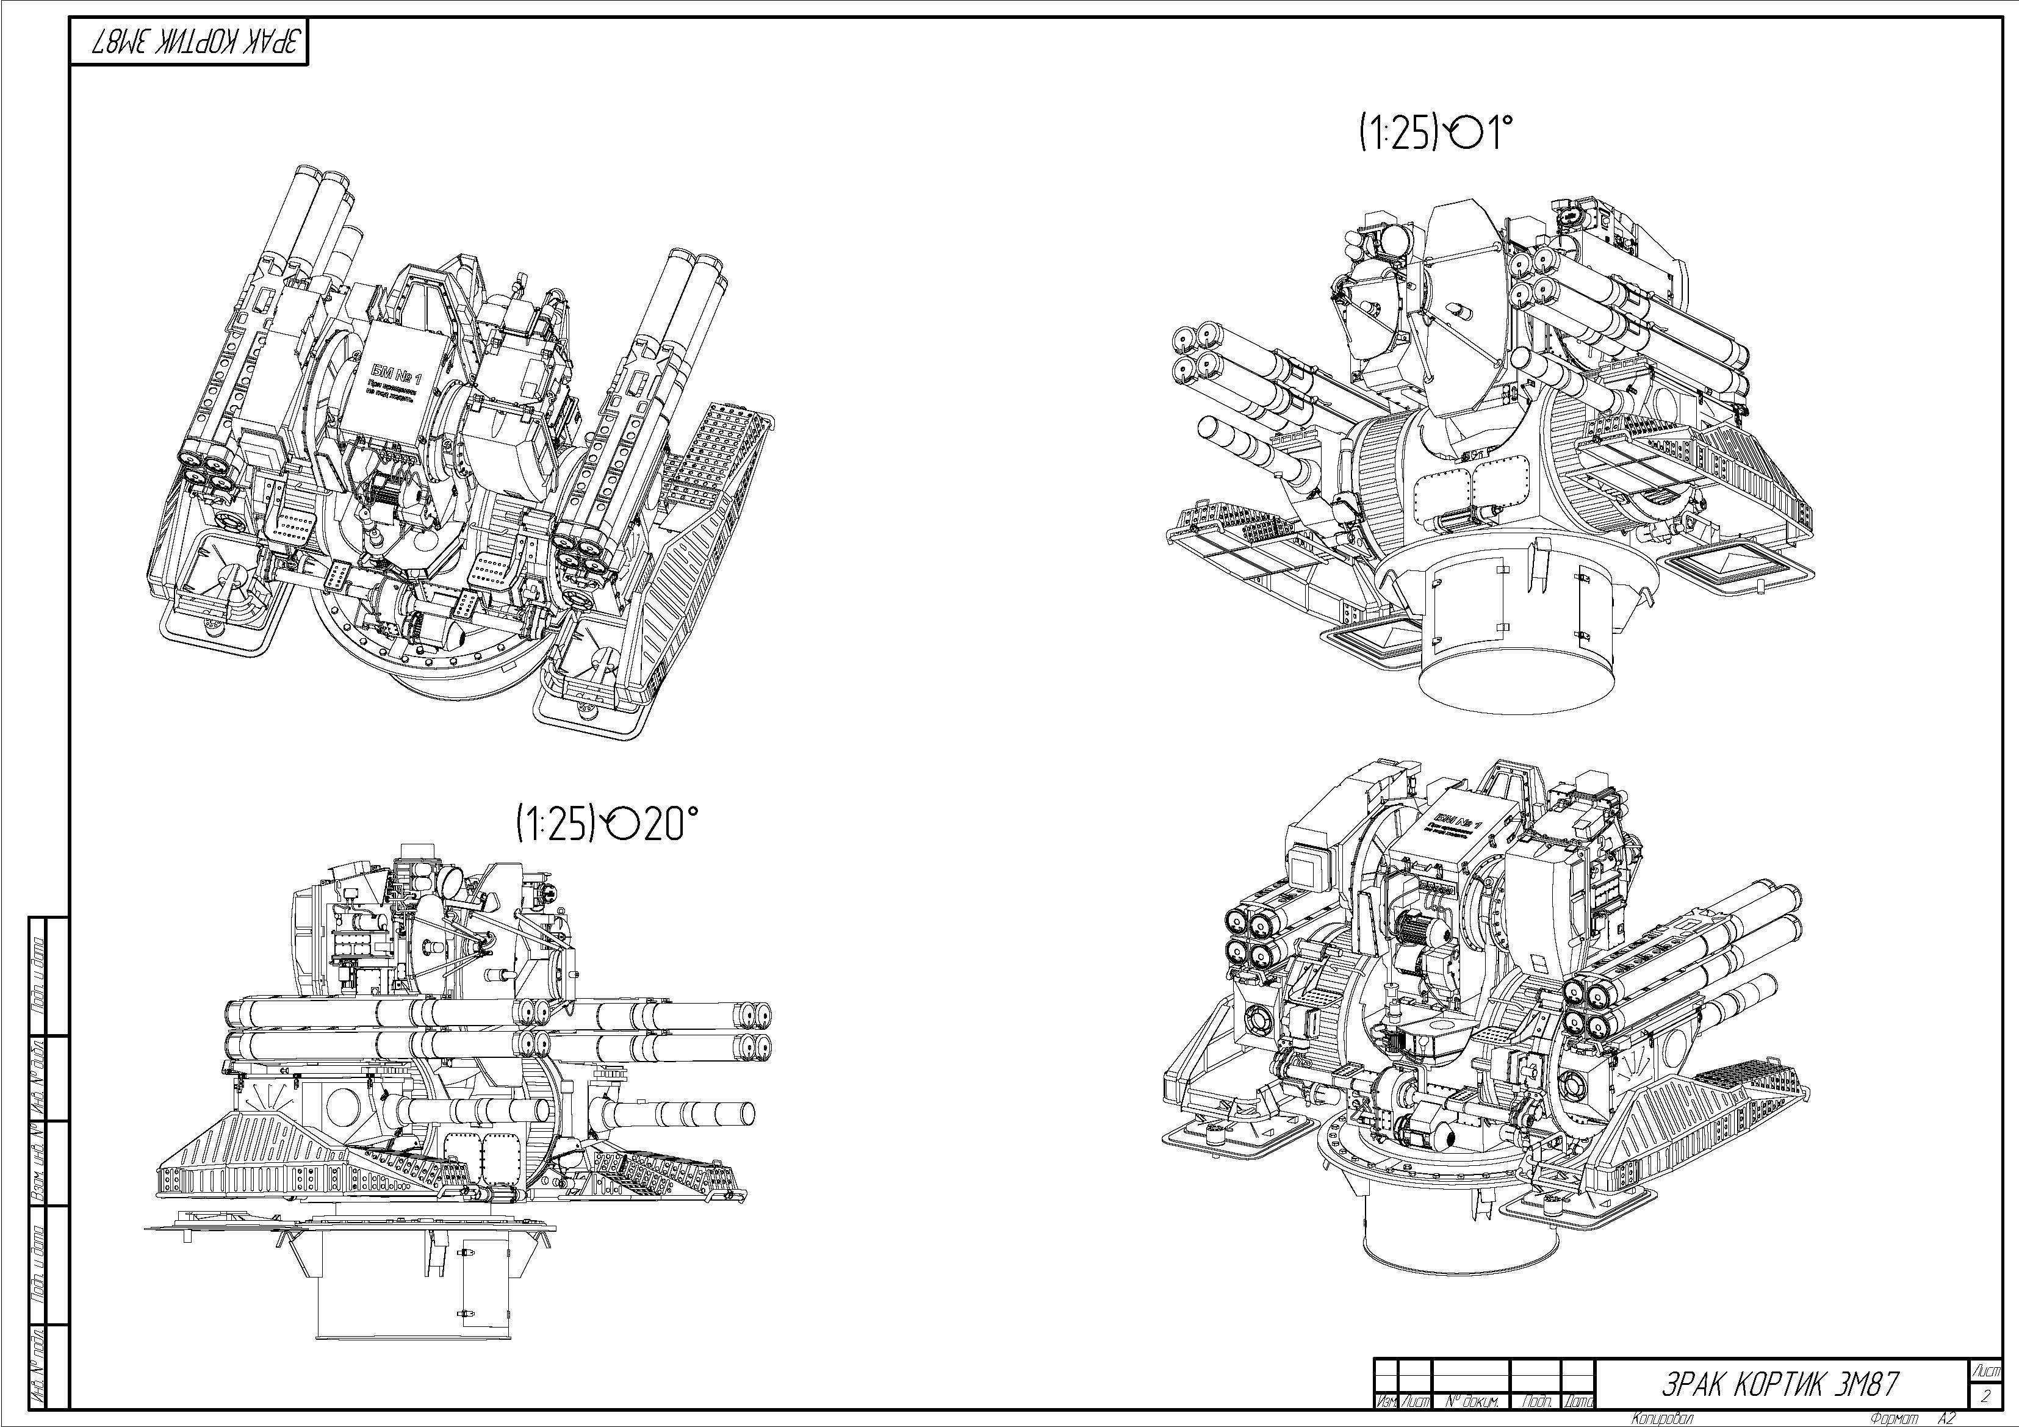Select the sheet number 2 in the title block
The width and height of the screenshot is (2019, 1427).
point(1985,1395)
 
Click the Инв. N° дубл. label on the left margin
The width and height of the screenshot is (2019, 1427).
point(38,1077)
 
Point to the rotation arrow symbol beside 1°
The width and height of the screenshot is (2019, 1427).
point(1464,134)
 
